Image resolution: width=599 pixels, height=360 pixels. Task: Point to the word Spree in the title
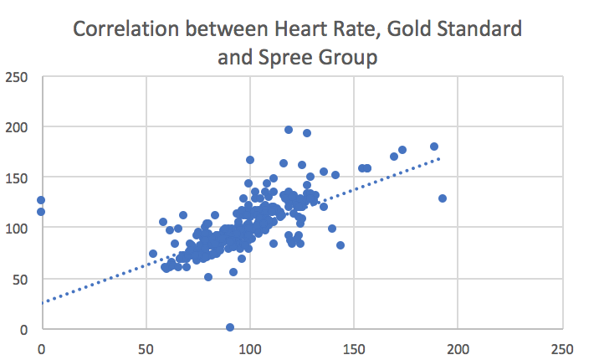(x=283, y=58)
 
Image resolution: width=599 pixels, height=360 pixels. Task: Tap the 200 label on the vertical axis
(x=17, y=127)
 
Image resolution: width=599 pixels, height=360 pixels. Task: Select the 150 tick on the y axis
(x=17, y=177)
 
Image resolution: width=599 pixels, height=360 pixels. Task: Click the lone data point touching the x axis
(x=230, y=327)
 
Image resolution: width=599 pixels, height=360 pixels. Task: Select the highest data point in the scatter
(x=289, y=130)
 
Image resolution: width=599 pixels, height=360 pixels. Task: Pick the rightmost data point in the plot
(x=443, y=198)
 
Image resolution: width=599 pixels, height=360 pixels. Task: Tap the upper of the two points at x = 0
(x=41, y=200)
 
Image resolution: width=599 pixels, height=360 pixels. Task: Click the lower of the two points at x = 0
(x=41, y=212)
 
